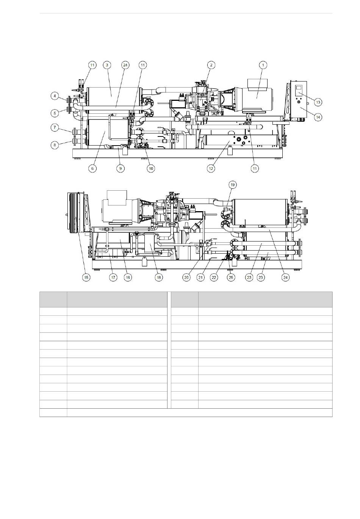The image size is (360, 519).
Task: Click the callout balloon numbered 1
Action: tap(263, 65)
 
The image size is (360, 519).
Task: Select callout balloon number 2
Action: tap(211, 65)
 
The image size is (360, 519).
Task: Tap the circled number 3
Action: tap(107, 65)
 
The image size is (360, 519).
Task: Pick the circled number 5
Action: tap(55, 113)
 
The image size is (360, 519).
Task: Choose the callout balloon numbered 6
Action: tap(92, 168)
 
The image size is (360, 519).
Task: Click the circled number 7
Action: tap(55, 127)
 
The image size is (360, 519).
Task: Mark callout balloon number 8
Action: tap(55, 145)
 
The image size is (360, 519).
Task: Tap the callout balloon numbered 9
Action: tap(121, 168)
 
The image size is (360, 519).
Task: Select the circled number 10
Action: tap(151, 168)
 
